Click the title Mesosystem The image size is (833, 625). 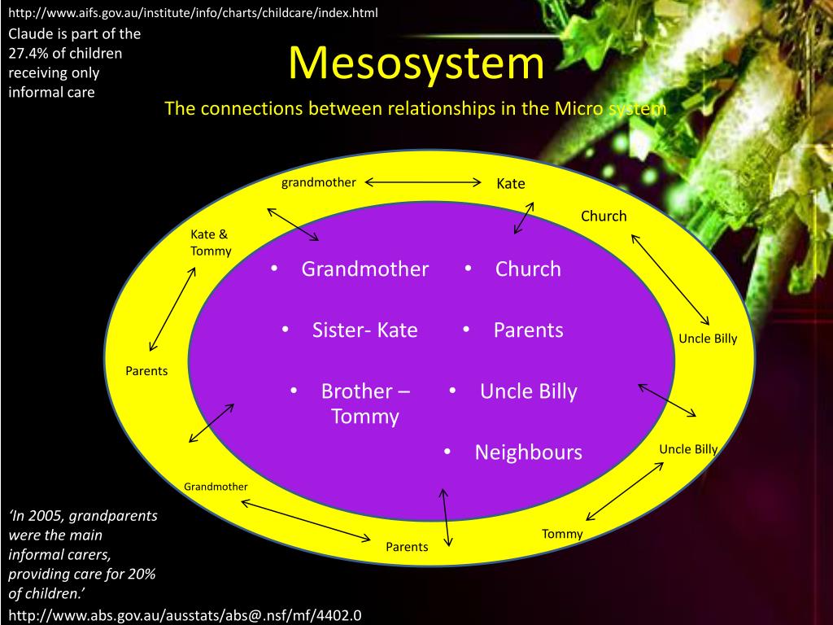click(x=416, y=63)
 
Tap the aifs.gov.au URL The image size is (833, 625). click(x=193, y=13)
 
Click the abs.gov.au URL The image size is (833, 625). click(x=185, y=614)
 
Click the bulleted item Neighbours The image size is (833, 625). click(x=528, y=452)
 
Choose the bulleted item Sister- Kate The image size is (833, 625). click(x=364, y=330)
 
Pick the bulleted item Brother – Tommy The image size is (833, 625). click(x=365, y=404)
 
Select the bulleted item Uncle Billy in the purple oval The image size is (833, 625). click(x=528, y=391)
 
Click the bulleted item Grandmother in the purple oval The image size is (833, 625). click(x=364, y=269)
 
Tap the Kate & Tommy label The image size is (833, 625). click(x=211, y=243)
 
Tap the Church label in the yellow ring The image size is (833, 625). click(x=604, y=216)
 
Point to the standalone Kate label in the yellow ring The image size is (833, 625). click(x=511, y=184)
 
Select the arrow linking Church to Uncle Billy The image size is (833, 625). click(x=671, y=280)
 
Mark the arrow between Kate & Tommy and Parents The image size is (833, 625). click(x=172, y=310)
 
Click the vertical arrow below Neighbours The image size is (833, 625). click(x=444, y=517)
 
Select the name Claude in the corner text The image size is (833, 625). click(x=29, y=34)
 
